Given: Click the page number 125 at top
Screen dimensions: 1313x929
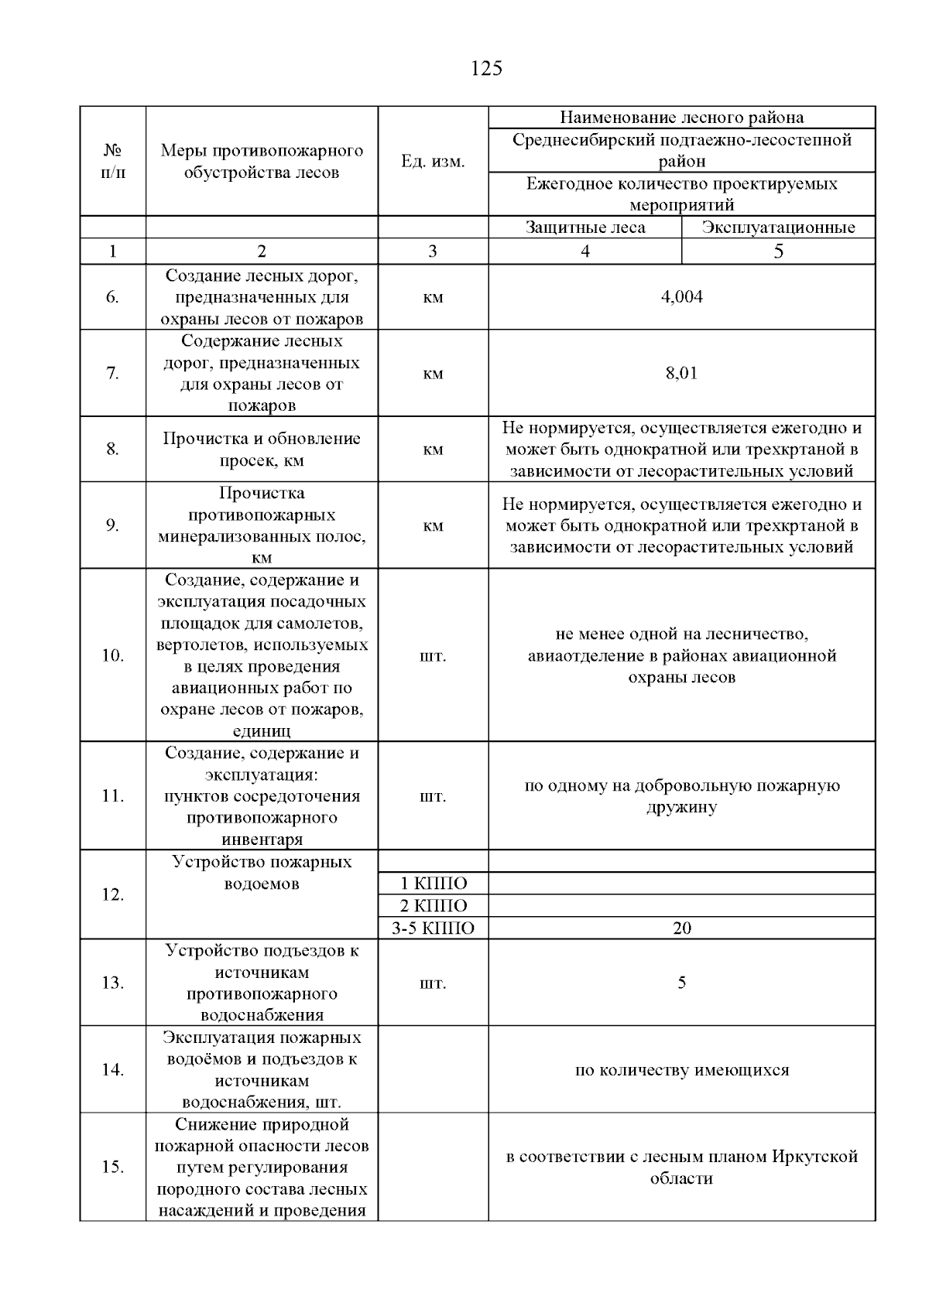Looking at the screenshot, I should click(x=486, y=69).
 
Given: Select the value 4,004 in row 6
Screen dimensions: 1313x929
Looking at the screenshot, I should click(x=681, y=297).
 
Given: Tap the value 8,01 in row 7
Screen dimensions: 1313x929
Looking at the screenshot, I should click(x=681, y=373).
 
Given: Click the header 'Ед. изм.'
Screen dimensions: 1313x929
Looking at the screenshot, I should click(x=433, y=162).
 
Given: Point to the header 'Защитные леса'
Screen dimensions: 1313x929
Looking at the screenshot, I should click(x=584, y=227).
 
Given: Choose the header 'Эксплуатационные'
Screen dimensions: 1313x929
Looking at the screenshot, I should click(x=778, y=227).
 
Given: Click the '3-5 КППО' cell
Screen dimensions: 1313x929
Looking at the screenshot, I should click(x=433, y=928).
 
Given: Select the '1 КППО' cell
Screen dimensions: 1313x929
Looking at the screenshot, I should click(x=433, y=884).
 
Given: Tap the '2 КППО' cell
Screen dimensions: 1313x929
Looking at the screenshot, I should click(x=433, y=906).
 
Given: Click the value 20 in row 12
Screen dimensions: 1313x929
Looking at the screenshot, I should click(x=681, y=928).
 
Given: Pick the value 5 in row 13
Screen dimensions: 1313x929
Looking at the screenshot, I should click(x=681, y=983).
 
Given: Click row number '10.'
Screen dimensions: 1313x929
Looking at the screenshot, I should click(x=112, y=656).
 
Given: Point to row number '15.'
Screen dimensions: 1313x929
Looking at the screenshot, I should click(x=112, y=1167).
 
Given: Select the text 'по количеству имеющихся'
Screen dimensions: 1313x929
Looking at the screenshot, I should click(x=681, y=1070).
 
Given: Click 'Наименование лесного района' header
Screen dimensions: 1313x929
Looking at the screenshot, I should click(x=681, y=118).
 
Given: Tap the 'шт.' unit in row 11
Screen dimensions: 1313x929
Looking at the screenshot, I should click(x=433, y=796).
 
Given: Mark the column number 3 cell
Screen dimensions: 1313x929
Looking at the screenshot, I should click(x=432, y=251).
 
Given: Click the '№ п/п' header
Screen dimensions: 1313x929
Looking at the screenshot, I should click(x=112, y=161).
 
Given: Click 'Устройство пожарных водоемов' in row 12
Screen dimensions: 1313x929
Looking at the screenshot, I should click(x=262, y=873).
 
